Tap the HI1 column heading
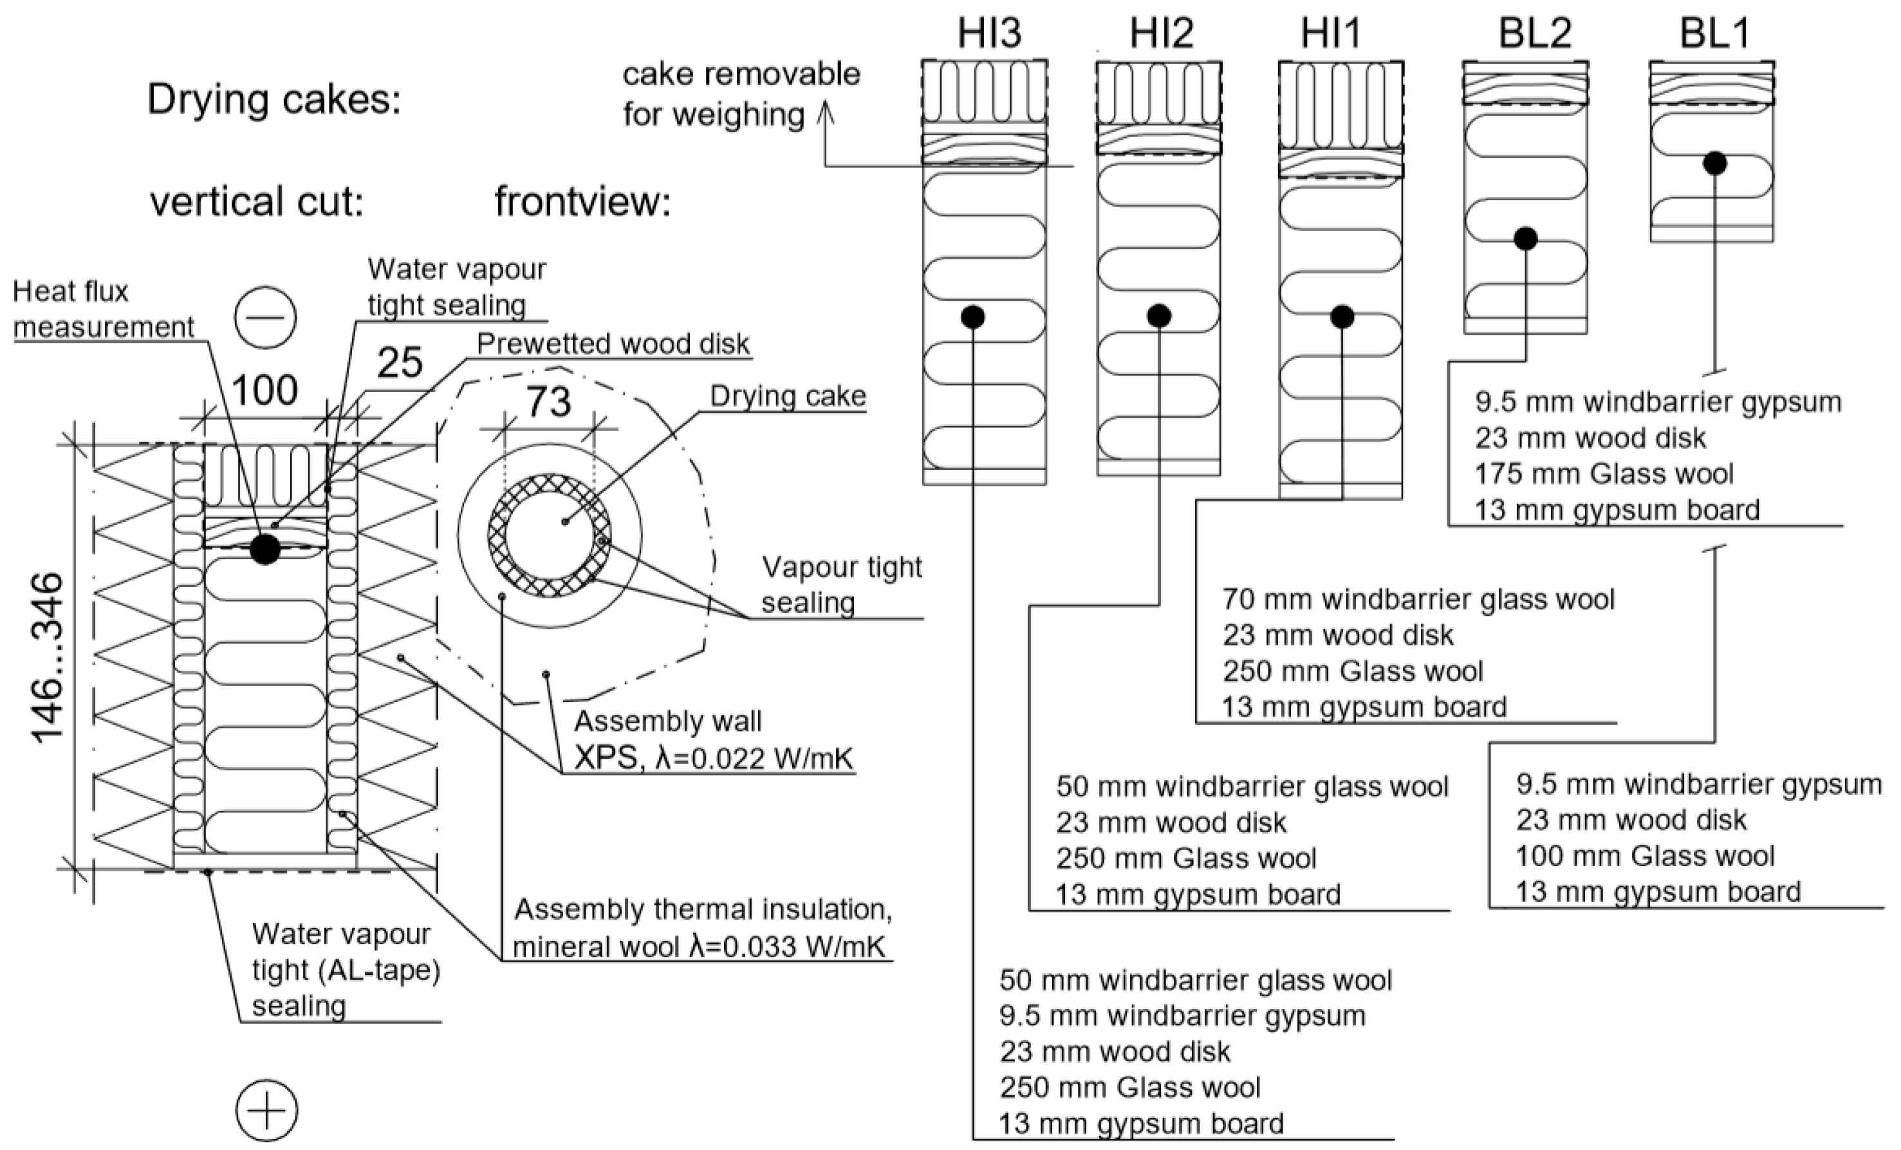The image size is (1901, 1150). point(1331,34)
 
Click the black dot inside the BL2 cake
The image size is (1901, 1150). point(1525,238)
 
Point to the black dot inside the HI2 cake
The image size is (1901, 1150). point(1159,315)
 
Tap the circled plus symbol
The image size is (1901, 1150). point(266,1111)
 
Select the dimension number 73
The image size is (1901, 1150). point(548,402)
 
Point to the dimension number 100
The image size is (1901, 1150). point(264,391)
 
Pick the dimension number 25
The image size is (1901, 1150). point(400,362)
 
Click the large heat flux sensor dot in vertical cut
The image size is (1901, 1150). point(264,548)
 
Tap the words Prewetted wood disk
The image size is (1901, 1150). point(613,344)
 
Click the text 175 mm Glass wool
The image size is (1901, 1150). point(1604,474)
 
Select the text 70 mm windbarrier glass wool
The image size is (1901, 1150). point(1418,599)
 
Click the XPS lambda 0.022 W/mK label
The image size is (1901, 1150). point(714,760)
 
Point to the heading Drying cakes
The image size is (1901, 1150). point(274,100)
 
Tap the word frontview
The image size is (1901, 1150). point(582,202)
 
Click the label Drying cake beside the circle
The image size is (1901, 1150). point(788,396)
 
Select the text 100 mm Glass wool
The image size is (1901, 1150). point(1645,856)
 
